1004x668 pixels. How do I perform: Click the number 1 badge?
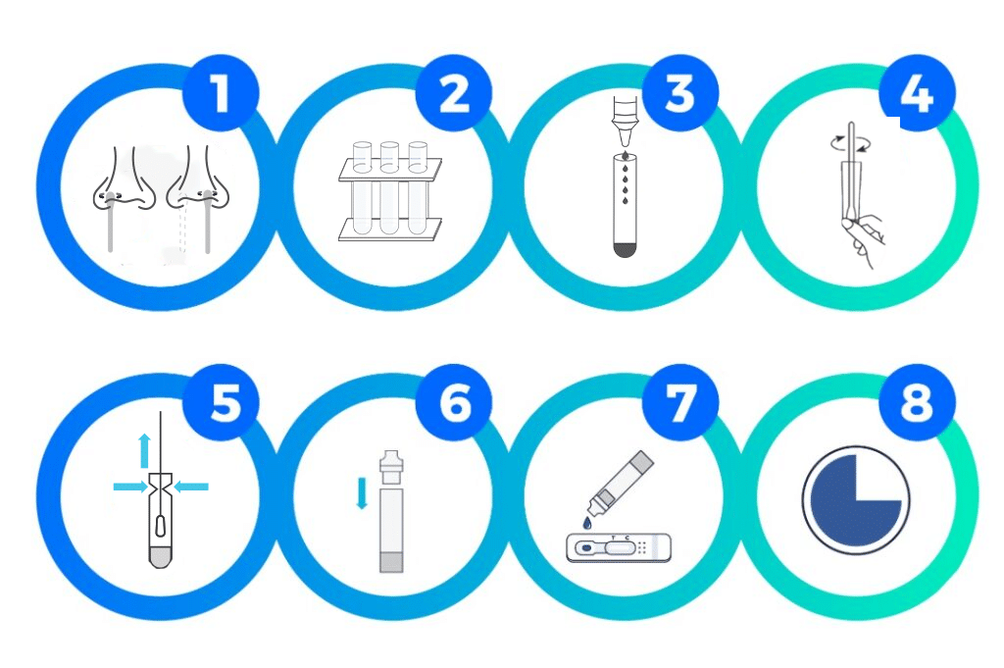[x=221, y=93]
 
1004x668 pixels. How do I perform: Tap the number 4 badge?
[x=917, y=93]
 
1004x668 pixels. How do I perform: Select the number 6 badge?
[x=454, y=403]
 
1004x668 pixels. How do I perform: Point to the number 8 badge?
[x=917, y=403]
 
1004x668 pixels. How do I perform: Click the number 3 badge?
[x=680, y=93]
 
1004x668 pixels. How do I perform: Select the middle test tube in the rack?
[x=389, y=187]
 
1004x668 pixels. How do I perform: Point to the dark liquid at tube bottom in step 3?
[x=625, y=249]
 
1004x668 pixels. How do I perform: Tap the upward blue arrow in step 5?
[x=145, y=451]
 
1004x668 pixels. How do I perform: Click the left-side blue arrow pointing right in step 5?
[x=130, y=488]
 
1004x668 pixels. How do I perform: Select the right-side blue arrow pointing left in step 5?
[x=191, y=488]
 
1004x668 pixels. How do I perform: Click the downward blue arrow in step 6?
[x=362, y=493]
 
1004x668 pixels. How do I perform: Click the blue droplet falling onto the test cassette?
[x=587, y=523]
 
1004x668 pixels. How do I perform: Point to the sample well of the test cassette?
[x=584, y=548]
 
